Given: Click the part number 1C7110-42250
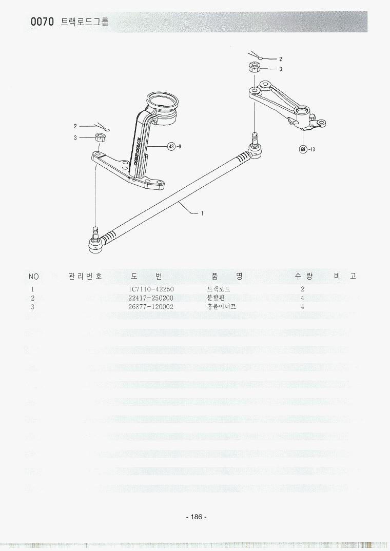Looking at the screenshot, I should [151, 289].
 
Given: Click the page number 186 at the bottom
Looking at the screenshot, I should [196, 517].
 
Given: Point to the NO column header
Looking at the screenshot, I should [34, 277].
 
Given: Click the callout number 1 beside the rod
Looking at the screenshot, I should [202, 214].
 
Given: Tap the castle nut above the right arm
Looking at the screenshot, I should [254, 68].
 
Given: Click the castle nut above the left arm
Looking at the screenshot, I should [101, 137].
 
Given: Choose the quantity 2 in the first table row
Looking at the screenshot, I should [303, 289].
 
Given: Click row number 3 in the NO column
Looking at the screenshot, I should [33, 307].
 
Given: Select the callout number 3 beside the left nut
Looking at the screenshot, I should [75, 137].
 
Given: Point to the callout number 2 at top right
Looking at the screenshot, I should [281, 59].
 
